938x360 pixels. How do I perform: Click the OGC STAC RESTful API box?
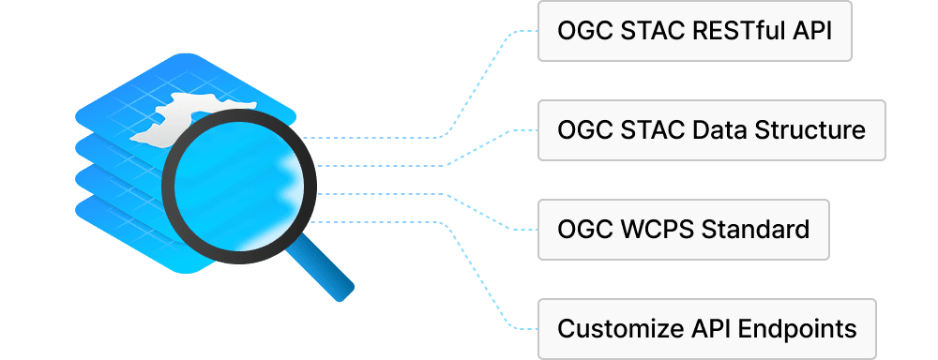pos(694,31)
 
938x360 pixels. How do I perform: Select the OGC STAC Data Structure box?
pos(711,130)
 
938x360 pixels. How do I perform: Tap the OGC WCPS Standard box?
pos(683,230)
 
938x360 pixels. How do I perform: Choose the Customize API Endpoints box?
pos(706,328)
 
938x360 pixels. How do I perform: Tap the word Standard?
pos(755,230)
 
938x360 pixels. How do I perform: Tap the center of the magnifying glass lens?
pos(238,186)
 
